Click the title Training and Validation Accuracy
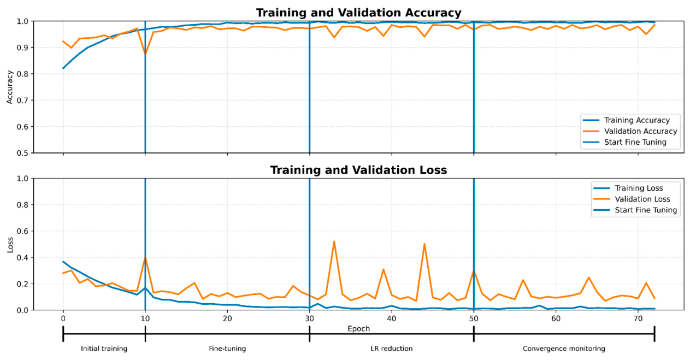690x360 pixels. pos(358,13)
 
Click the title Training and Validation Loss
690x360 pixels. pos(358,170)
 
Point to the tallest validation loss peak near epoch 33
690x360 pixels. pos(334,241)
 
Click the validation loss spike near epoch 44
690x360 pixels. pos(424,244)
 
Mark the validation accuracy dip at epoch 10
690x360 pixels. pos(145,54)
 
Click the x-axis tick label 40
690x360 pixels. pos(392,318)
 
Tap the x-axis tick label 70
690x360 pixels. pos(638,318)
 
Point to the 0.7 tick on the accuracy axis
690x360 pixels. pos(23,101)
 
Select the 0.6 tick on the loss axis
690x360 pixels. pos(23,231)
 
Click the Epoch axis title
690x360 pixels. pos(358,329)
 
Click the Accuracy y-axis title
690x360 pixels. pos(10,87)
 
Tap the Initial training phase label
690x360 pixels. pos(104,349)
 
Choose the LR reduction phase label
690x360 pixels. pos(392,349)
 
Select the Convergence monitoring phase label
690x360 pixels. pos(564,349)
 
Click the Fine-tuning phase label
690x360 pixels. pos(227,349)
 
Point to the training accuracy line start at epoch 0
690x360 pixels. pos(63,68)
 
